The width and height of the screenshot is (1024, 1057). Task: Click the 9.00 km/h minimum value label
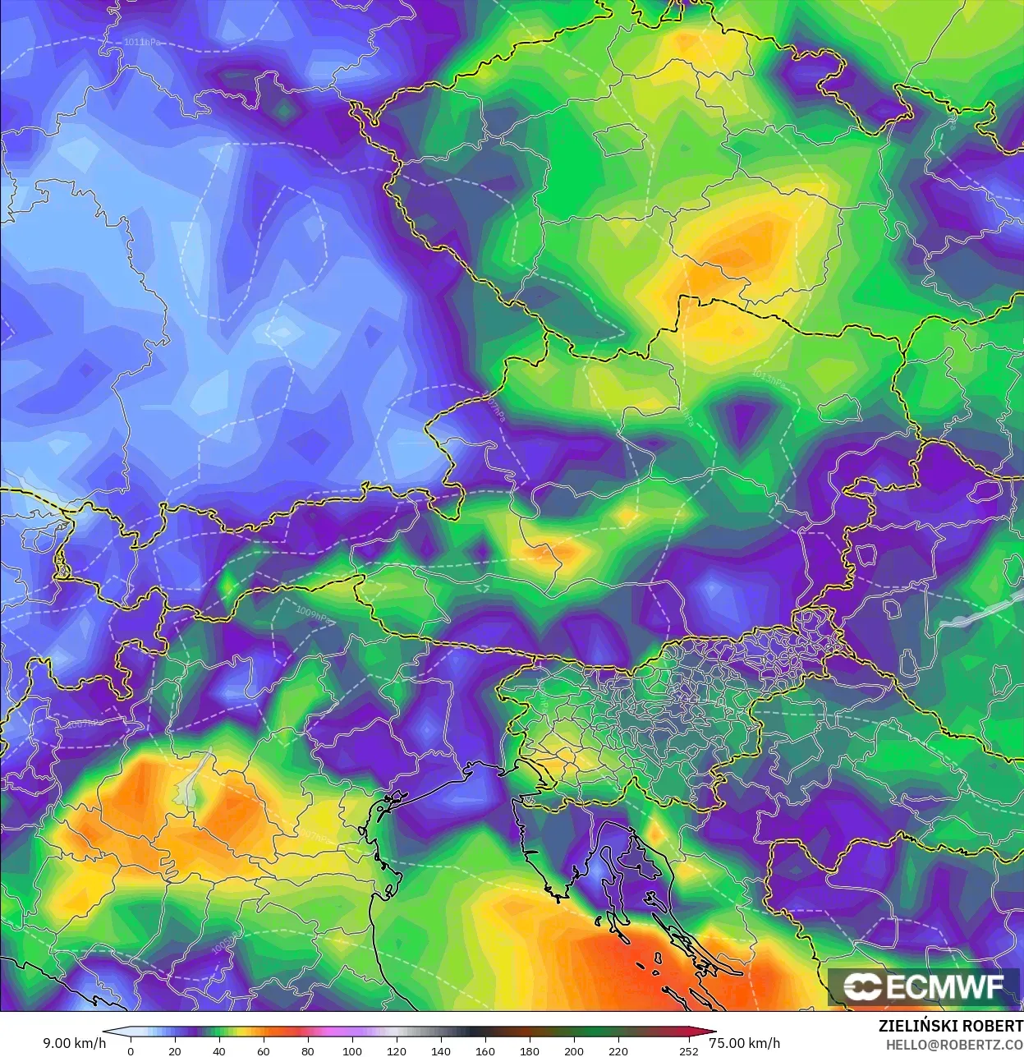pyautogui.click(x=74, y=1043)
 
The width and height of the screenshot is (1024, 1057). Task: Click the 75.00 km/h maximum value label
pyautogui.click(x=744, y=1043)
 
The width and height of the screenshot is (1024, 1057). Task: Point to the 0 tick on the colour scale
pyautogui.click(x=131, y=1050)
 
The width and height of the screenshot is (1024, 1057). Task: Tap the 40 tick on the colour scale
pyautogui.click(x=218, y=1050)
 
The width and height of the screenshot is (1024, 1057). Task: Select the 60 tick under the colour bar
pyautogui.click(x=263, y=1050)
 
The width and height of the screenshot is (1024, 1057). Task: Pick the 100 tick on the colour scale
pyautogui.click(x=351, y=1050)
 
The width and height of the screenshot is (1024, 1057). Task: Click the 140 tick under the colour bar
pyautogui.click(x=440, y=1050)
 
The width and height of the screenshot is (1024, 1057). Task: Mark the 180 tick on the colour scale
pyautogui.click(x=529, y=1050)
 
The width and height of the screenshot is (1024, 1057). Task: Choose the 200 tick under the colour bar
pyautogui.click(x=573, y=1050)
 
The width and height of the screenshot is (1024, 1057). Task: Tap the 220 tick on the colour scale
pyautogui.click(x=618, y=1050)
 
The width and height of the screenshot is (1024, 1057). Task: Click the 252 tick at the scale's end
pyautogui.click(x=689, y=1050)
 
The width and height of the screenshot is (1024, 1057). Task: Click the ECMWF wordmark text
pyautogui.click(x=944, y=987)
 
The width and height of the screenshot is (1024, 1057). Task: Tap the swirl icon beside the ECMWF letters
pyautogui.click(x=862, y=987)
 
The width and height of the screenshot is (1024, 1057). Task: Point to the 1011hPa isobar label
pyautogui.click(x=142, y=42)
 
